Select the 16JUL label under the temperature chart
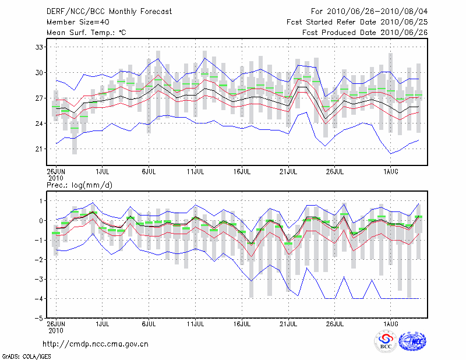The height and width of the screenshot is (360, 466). pos(242,172)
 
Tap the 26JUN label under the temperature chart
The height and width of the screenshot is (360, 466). pos(56,172)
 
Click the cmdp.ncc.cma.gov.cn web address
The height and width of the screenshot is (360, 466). pos(96,344)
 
